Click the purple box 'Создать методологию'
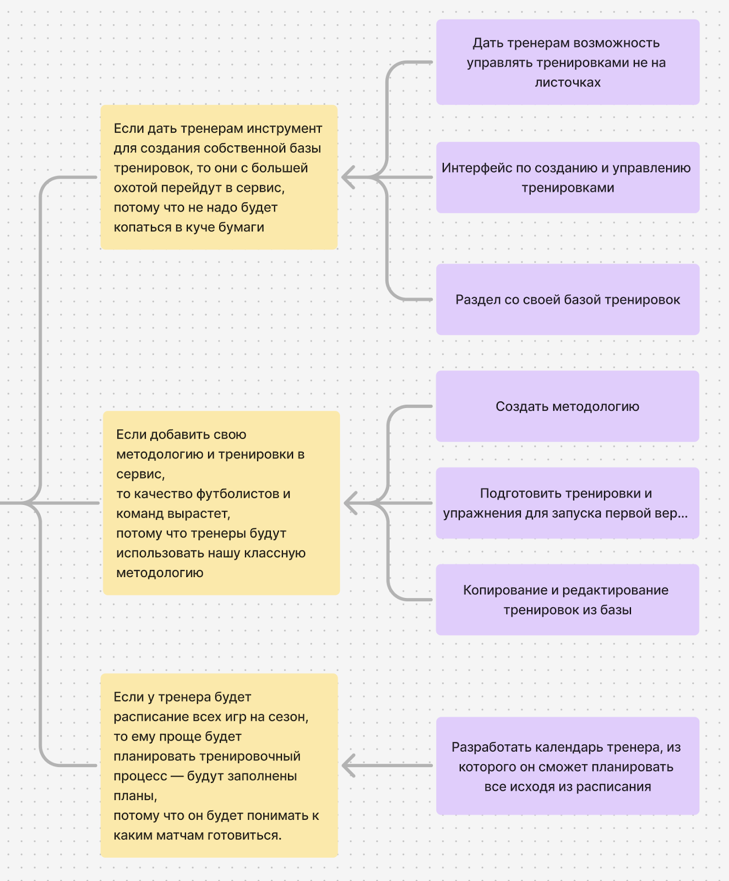tap(567, 406)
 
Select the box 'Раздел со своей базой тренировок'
tap(567, 300)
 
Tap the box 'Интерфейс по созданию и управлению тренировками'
tap(567, 177)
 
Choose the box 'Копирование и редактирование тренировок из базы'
tap(567, 600)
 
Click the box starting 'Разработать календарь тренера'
tap(567, 766)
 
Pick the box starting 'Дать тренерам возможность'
tap(567, 62)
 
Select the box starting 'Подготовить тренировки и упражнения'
tap(567, 503)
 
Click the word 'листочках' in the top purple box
tap(568, 83)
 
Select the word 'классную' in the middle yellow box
tap(279, 553)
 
